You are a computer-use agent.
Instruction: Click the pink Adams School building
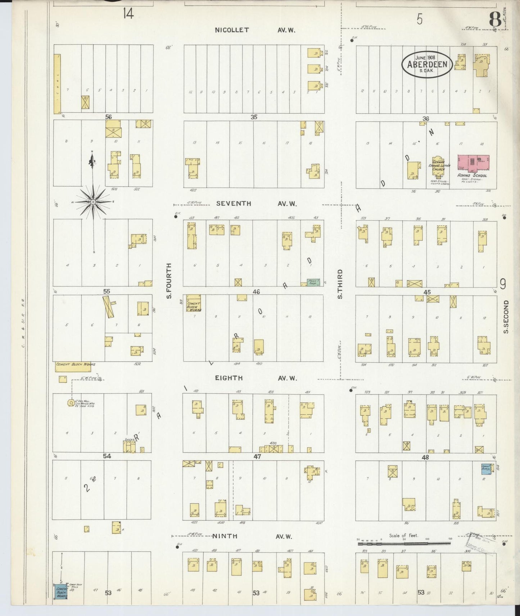[473, 163]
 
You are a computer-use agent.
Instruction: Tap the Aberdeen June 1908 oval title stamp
[427, 64]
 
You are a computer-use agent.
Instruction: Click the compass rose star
[93, 202]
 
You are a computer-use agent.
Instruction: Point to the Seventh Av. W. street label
[256, 204]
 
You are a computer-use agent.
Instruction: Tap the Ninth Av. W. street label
[252, 536]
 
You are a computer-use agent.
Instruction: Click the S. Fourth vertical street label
[169, 281]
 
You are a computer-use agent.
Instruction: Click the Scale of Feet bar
[404, 543]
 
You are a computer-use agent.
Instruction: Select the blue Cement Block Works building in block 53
[61, 592]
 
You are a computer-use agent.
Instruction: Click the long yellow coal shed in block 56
[57, 84]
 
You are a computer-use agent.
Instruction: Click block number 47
[257, 456]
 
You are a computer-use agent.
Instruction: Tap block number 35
[254, 117]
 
